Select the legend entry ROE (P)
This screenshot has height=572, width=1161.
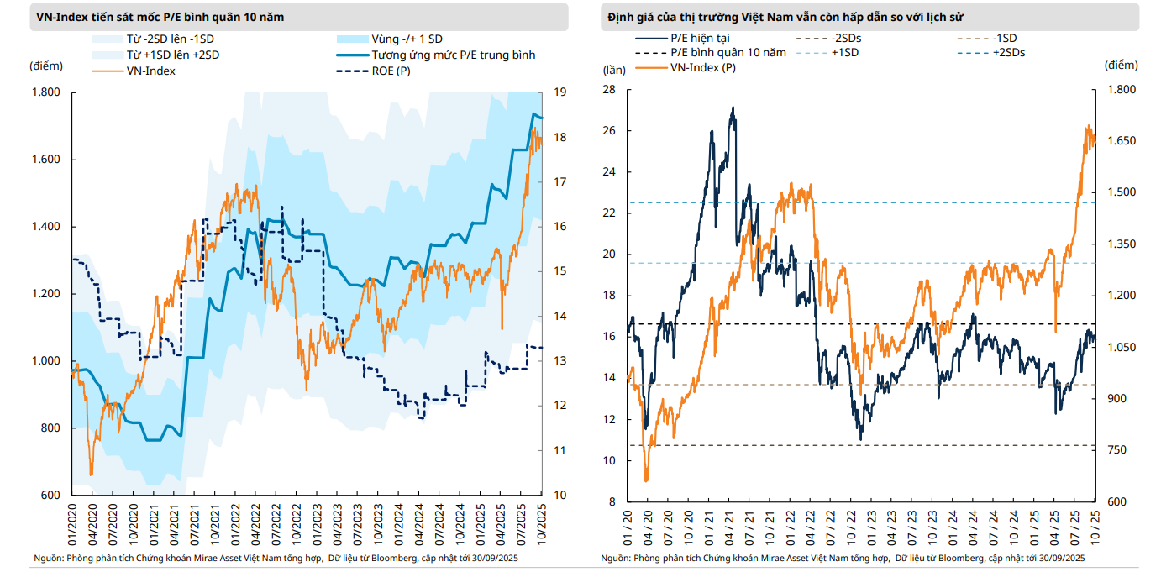pyautogui.click(x=391, y=71)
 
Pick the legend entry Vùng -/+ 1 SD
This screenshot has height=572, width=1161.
pyautogui.click(x=407, y=39)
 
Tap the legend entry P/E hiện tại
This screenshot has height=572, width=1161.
pyautogui.click(x=700, y=39)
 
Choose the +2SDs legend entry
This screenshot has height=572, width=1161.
pyautogui.click(x=1008, y=52)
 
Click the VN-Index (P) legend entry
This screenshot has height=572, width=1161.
pyautogui.click(x=702, y=67)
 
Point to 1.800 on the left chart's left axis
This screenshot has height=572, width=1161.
pyautogui.click(x=45, y=92)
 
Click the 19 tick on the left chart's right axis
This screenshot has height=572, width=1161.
pyautogui.click(x=558, y=92)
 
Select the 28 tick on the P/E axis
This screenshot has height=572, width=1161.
pyautogui.click(x=610, y=90)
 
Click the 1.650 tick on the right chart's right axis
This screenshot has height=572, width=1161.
pyautogui.click(x=1121, y=141)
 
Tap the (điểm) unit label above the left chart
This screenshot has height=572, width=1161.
pyautogui.click(x=45, y=66)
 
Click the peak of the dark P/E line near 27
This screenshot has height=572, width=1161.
pyautogui.click(x=733, y=108)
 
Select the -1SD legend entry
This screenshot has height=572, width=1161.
pyautogui.click(x=1004, y=39)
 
